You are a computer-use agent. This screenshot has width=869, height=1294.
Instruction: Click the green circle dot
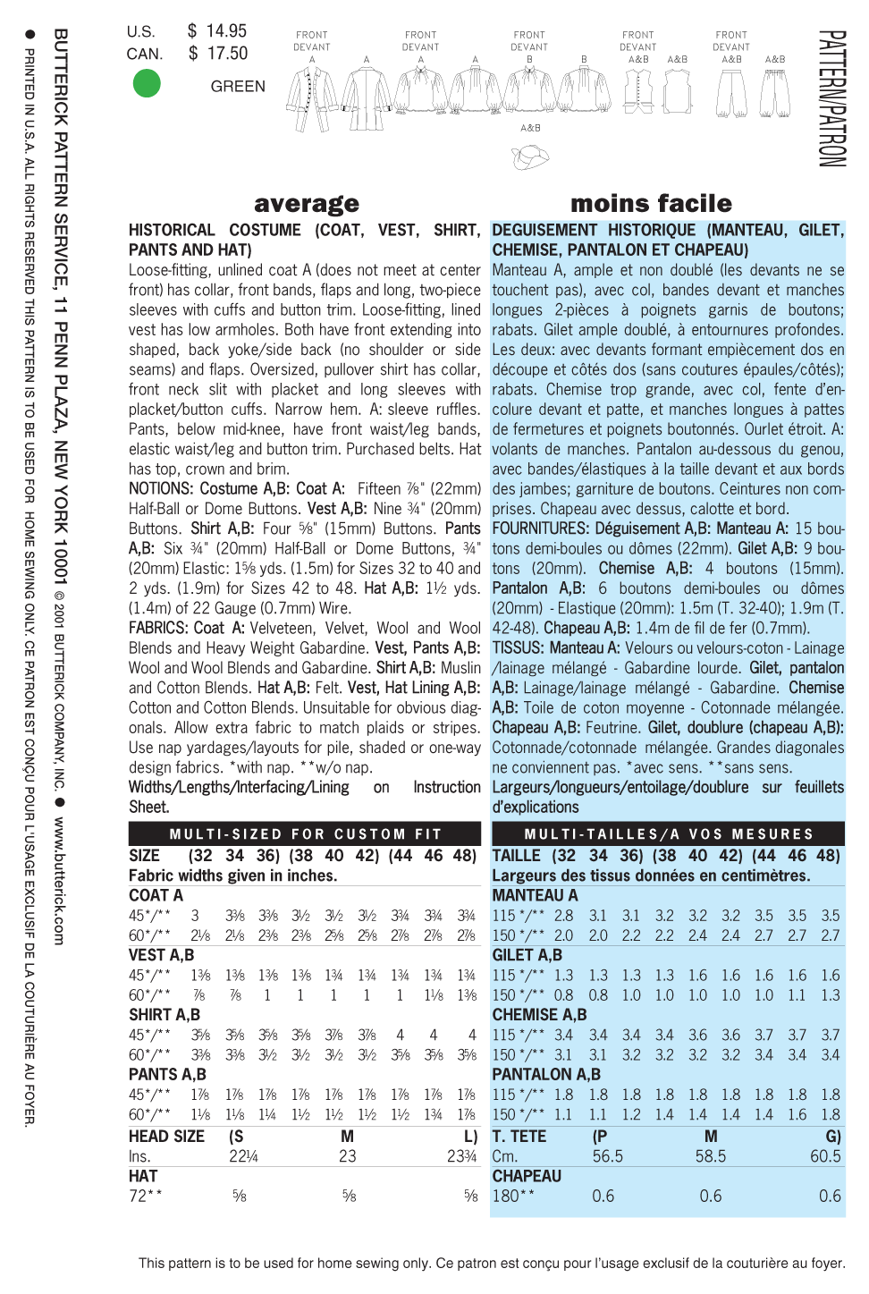[x=147, y=84]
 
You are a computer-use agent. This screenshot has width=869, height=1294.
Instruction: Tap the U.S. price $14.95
[x=217, y=31]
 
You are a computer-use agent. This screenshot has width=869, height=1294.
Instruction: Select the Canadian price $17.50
[x=218, y=54]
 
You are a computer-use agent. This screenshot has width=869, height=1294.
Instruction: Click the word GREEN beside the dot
[x=238, y=87]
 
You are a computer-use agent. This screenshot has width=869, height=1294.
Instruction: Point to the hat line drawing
[x=530, y=157]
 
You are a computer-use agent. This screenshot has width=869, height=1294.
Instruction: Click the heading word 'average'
[x=307, y=204]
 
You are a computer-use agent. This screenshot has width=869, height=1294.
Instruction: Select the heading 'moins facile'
[x=651, y=204]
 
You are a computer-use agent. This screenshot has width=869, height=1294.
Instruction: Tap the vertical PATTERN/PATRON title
[x=831, y=98]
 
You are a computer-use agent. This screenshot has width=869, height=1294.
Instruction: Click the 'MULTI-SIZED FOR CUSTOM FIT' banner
[x=306, y=834]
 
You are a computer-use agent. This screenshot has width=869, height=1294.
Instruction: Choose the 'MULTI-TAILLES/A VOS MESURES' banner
[x=669, y=834]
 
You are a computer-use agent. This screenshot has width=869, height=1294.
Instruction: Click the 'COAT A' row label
[x=156, y=895]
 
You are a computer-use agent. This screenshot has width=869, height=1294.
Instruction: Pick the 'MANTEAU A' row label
[x=535, y=895]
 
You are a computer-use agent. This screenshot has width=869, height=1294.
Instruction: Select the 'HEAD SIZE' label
[x=166, y=1137]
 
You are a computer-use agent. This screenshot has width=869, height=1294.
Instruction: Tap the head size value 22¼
[x=243, y=1156]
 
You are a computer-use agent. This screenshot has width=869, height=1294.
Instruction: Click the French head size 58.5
[x=711, y=1156]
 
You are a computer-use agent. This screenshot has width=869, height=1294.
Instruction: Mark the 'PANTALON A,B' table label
[x=546, y=1074]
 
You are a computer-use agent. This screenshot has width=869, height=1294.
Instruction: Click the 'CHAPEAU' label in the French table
[x=527, y=1176]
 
